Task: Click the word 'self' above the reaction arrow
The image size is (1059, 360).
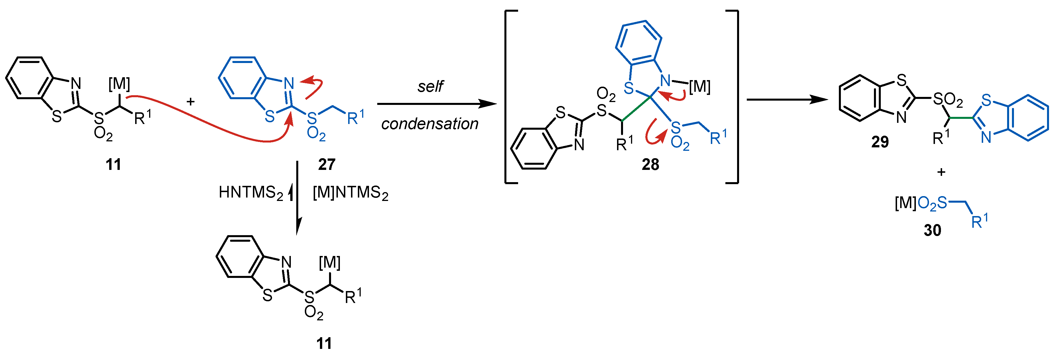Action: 430,86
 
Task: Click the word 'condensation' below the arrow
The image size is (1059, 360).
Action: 430,124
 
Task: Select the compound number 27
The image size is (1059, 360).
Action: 327,164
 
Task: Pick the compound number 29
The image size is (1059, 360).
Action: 880,142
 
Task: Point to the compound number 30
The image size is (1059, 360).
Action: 932,230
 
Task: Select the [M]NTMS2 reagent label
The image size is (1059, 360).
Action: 350,192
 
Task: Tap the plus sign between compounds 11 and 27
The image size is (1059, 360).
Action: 190,101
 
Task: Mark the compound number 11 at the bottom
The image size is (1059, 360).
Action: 324,343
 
